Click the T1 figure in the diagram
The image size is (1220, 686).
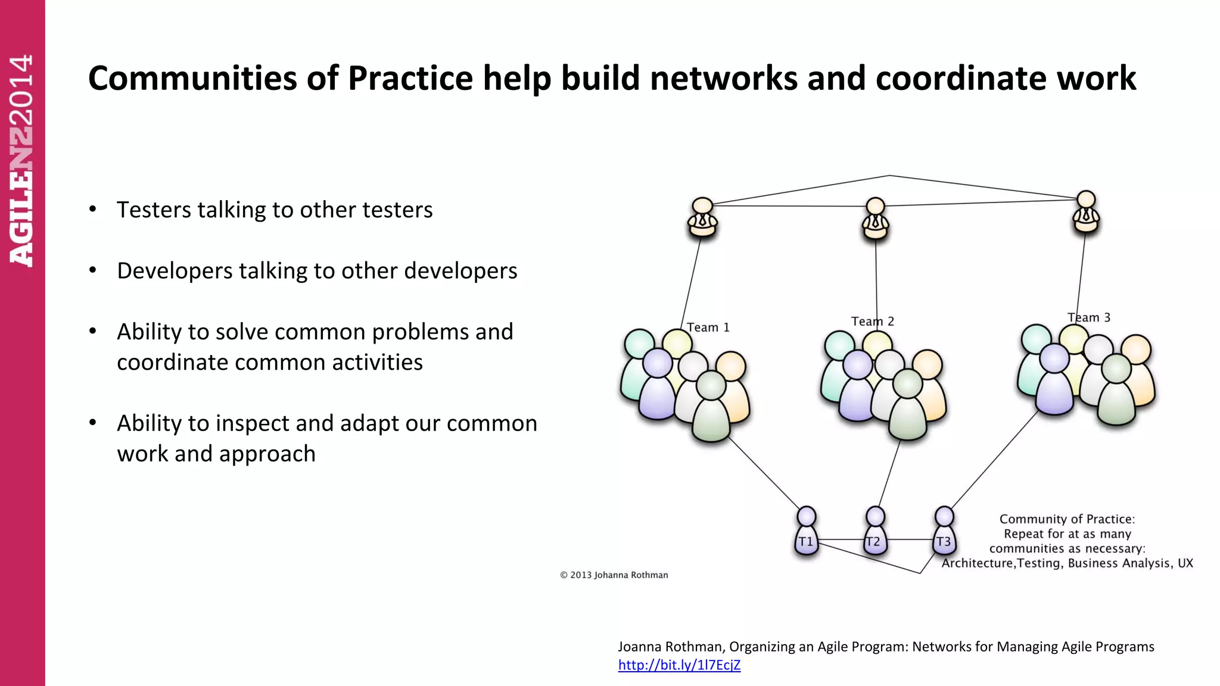(806, 532)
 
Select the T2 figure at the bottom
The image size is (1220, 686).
(874, 532)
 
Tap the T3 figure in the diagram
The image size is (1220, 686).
(944, 532)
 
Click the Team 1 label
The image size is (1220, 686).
(708, 328)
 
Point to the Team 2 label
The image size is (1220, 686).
(872, 322)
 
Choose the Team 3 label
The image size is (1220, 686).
(1089, 317)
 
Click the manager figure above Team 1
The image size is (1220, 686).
(702, 217)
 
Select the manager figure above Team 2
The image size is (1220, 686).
(875, 218)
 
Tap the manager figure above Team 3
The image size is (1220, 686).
(1086, 212)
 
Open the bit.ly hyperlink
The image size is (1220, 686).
(679, 665)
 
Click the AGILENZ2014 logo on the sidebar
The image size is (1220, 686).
(21, 161)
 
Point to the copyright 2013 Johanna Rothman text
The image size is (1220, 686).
(614, 575)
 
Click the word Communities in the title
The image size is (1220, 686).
(192, 79)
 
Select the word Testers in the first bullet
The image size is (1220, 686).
(153, 210)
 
